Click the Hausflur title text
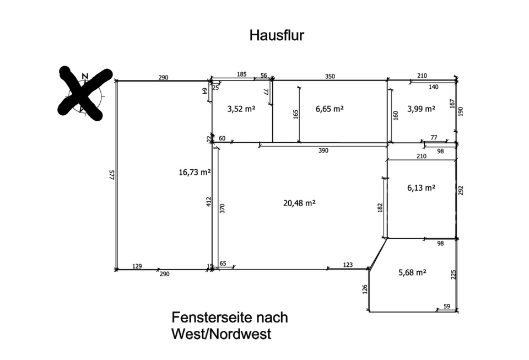coord(277,35)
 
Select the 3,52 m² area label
coord(241,109)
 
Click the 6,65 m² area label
coord(330,109)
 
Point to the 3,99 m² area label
coord(421,109)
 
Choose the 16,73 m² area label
coord(195,173)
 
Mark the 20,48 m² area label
coord(299,203)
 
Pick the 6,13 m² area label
coord(421,187)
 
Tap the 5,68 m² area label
coord(413,272)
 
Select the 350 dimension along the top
coord(329,76)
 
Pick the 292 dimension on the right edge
coord(461,191)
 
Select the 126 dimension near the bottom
coord(364,289)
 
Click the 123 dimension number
coord(348,265)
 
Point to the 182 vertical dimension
coord(380,208)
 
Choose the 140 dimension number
coord(434,87)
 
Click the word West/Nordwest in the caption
coord(221,334)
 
